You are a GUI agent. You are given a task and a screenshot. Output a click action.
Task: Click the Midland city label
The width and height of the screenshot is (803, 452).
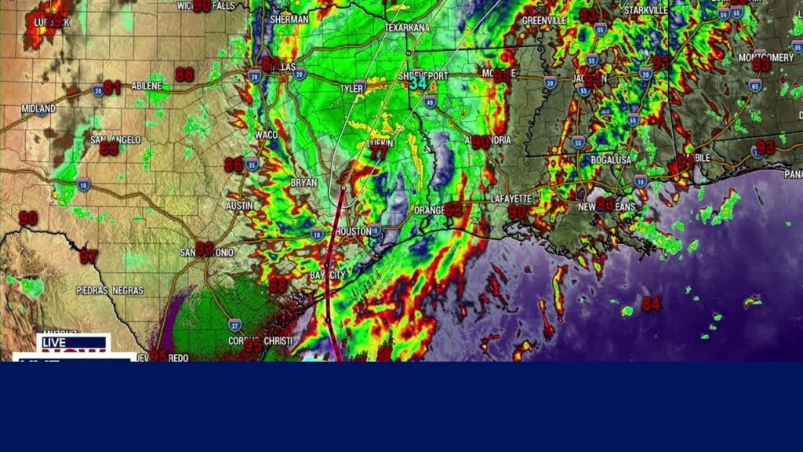[38, 108]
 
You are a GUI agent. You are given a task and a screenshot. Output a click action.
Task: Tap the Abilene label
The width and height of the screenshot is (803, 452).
[147, 85]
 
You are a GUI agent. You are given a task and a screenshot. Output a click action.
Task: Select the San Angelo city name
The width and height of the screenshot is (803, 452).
[115, 140]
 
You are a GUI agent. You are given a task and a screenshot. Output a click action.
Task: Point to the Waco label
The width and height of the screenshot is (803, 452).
[266, 134]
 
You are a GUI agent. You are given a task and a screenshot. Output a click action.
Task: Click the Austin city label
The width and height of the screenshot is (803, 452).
[239, 205]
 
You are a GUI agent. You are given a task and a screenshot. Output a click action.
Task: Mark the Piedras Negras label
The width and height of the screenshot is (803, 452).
[111, 290]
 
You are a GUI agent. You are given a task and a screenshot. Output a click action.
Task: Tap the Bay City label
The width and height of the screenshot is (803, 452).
[327, 275]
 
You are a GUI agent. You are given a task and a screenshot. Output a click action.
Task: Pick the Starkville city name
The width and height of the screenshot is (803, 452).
[645, 9]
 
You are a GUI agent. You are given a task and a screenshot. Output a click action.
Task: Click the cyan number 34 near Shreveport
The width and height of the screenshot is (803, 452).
[419, 82]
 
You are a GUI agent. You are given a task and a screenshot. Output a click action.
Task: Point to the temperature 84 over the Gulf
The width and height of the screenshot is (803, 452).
[651, 304]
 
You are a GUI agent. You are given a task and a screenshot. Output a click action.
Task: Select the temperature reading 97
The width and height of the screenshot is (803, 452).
[88, 256]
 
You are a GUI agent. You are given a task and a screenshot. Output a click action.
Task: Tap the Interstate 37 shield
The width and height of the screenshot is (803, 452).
[234, 323]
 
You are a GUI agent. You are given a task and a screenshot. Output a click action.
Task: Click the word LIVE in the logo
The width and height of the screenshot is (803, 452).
[55, 342]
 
